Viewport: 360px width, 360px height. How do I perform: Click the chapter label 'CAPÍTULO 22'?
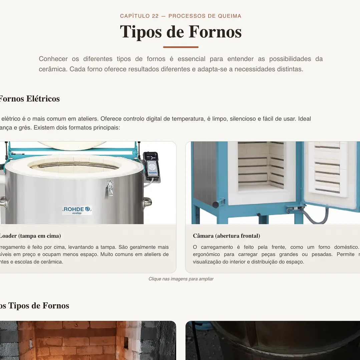tap(139, 16)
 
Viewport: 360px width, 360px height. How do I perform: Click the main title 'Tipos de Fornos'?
tap(181, 32)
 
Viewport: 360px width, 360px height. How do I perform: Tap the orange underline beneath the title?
tap(181, 47)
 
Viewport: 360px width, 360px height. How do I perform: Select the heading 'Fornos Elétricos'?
tap(29, 99)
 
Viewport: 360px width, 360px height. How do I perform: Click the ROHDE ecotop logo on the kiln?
tap(77, 210)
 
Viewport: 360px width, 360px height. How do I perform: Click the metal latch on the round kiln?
tap(110, 188)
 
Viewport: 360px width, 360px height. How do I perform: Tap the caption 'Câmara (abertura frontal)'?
tap(226, 236)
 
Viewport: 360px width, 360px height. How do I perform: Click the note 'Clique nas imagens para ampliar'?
tap(181, 279)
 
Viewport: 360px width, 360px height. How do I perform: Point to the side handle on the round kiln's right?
tap(147, 202)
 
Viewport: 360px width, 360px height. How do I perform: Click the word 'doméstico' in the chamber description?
tap(345, 247)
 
